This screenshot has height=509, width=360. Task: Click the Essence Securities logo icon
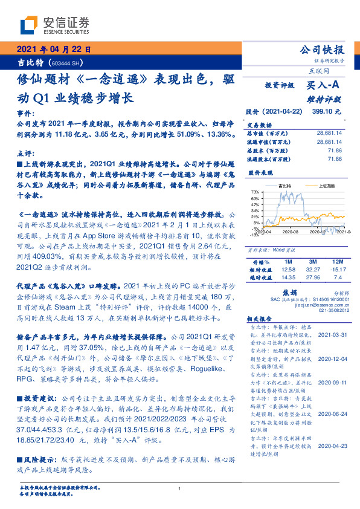pyautogui.click(x=28, y=26)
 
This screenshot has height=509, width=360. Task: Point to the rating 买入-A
pyautogui.click(x=320, y=87)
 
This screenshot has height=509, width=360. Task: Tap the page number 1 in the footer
pyautogui.click(x=180, y=488)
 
